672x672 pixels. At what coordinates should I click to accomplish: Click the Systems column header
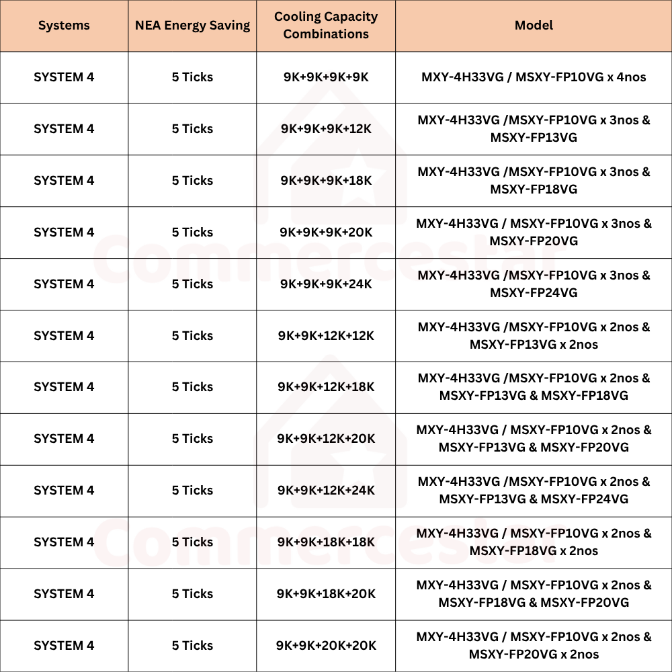pos(64,26)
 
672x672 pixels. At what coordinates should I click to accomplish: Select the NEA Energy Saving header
pos(192,26)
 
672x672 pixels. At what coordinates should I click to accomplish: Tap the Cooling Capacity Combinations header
pos(326,26)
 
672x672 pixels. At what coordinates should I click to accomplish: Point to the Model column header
pos(534,26)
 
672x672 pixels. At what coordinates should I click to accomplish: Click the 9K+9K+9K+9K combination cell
pos(326,77)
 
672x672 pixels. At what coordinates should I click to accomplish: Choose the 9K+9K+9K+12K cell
pos(326,129)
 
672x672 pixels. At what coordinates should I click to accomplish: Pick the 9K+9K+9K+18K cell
pos(326,181)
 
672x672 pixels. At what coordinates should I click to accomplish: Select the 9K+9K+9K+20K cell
pos(326,233)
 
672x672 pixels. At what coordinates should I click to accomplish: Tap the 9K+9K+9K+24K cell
pos(326,284)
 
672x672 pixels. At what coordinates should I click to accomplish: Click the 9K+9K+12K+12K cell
pos(326,336)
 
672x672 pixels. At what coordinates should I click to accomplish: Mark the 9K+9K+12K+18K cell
pos(326,387)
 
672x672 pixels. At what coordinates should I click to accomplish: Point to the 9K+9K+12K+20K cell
pos(326,439)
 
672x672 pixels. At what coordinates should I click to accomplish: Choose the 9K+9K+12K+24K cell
pos(326,491)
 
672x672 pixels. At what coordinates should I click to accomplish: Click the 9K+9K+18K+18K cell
pos(326,542)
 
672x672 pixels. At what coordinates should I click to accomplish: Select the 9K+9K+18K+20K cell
pos(326,594)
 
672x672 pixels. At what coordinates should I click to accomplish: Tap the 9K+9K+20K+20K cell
pos(326,646)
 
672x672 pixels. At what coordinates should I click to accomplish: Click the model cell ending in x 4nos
pos(534,77)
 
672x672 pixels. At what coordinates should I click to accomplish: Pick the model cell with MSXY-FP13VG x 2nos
pos(534,336)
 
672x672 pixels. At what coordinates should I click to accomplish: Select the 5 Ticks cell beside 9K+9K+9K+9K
pos(192,77)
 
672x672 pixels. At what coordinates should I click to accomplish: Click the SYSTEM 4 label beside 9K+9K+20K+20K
pos(64,646)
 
